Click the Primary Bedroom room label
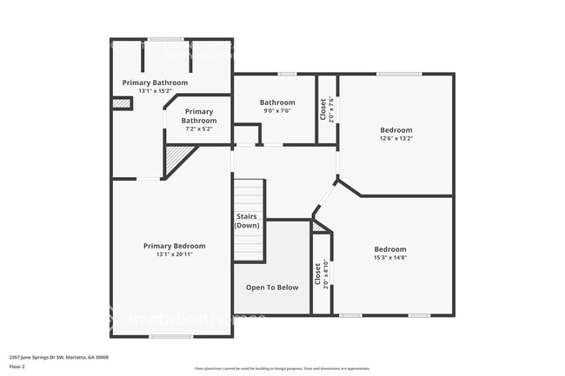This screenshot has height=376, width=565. tap(174, 246)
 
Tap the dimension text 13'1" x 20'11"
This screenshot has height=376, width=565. tap(174, 254)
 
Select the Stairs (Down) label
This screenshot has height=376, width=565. tap(248, 221)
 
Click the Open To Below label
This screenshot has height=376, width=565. tap(271, 287)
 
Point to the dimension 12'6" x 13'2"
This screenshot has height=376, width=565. tap(395, 138)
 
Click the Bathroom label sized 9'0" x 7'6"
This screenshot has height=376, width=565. tap(276, 102)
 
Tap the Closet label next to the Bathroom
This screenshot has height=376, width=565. tap(322, 109)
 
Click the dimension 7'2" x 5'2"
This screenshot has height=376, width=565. tap(198, 129)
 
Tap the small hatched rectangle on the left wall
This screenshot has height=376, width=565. tap(121, 103)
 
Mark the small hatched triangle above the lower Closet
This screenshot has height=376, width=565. tap(320, 227)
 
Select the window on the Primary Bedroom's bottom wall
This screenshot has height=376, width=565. tap(170, 336)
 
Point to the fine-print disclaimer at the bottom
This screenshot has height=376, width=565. tap(282, 370)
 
